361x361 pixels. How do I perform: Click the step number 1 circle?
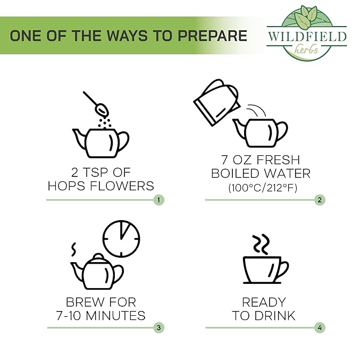click(x=158, y=200)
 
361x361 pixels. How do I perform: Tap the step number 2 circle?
click(x=320, y=200)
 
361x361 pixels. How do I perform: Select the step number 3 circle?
click(x=158, y=328)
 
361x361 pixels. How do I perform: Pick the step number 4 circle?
click(x=320, y=328)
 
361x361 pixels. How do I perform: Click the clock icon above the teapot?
click(x=121, y=239)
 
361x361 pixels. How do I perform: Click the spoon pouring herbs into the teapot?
click(x=96, y=104)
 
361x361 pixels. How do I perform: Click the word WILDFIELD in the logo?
click(x=307, y=36)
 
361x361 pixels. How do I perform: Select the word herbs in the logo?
click(x=306, y=50)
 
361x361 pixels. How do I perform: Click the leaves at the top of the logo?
click(x=306, y=15)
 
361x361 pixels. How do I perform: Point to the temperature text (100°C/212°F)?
click(x=263, y=188)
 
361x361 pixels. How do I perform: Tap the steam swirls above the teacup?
click(x=261, y=244)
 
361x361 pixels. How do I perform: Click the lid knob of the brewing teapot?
click(x=98, y=256)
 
